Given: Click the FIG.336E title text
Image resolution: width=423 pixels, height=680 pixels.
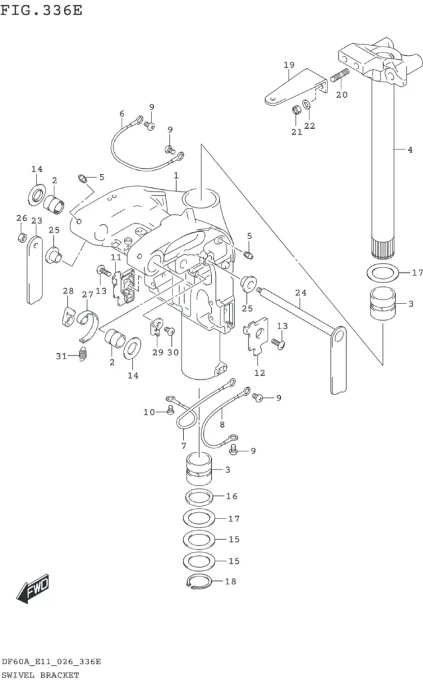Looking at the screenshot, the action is [41, 9].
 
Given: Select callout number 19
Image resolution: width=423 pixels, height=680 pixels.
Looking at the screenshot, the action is [290, 65].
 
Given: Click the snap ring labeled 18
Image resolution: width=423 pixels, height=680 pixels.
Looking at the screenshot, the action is [199, 582].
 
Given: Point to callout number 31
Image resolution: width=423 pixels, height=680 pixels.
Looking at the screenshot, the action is [62, 356].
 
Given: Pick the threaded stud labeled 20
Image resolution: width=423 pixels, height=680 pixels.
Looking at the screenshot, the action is [340, 76].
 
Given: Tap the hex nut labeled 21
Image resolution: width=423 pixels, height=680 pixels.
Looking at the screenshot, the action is [297, 110].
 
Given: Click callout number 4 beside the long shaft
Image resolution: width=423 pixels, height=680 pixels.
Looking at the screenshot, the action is [410, 149].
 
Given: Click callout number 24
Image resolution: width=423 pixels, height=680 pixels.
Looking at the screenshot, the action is [301, 293].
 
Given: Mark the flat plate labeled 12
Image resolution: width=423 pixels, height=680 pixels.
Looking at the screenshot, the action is [258, 337].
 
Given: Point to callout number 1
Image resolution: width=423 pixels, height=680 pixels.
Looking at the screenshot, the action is [176, 175].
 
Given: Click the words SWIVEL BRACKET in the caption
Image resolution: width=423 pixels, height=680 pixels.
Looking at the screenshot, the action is [41, 675].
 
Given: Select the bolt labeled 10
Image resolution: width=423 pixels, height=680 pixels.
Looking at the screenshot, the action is [170, 409].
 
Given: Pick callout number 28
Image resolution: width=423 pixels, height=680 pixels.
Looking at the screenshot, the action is [68, 291].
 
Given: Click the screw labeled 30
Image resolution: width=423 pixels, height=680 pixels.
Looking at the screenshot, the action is [169, 331].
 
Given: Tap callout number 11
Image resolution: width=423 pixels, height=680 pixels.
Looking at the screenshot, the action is [116, 258].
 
